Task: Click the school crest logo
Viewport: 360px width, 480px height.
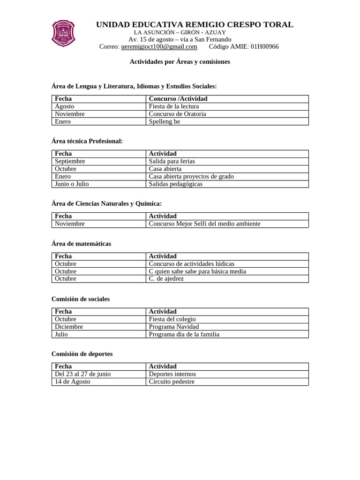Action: pos(63,33)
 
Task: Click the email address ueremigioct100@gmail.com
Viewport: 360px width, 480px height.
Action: pos(159,46)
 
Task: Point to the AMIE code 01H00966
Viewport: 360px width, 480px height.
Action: pos(264,46)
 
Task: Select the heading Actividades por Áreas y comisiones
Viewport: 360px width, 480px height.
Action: pos(180,61)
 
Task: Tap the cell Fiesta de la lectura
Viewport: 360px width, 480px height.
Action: pos(173,106)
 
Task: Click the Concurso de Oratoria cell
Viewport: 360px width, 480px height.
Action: pos(177,114)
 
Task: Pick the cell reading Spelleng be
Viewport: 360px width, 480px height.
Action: pos(164,121)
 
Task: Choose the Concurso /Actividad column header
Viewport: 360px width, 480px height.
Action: pos(178,99)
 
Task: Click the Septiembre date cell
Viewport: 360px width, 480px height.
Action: pos(70,161)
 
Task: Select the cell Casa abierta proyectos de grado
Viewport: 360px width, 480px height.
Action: pos(191,176)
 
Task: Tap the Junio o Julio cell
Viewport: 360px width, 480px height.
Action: pos(72,184)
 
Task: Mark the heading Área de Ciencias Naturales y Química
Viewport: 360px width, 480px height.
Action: pos(106,203)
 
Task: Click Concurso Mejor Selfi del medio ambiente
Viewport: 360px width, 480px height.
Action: pos(204,224)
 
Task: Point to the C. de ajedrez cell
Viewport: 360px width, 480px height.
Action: pos(166,278)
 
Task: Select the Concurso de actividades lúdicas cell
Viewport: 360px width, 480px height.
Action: pos(191,263)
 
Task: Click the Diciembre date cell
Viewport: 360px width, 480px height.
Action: pos(69,326)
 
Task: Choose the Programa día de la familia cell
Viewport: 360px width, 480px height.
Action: pos(184,334)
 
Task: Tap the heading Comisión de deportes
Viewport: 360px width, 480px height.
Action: pos(82,353)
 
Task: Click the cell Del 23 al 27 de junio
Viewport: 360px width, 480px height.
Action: pos(82,374)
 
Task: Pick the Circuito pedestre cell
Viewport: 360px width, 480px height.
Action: pos(171,382)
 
